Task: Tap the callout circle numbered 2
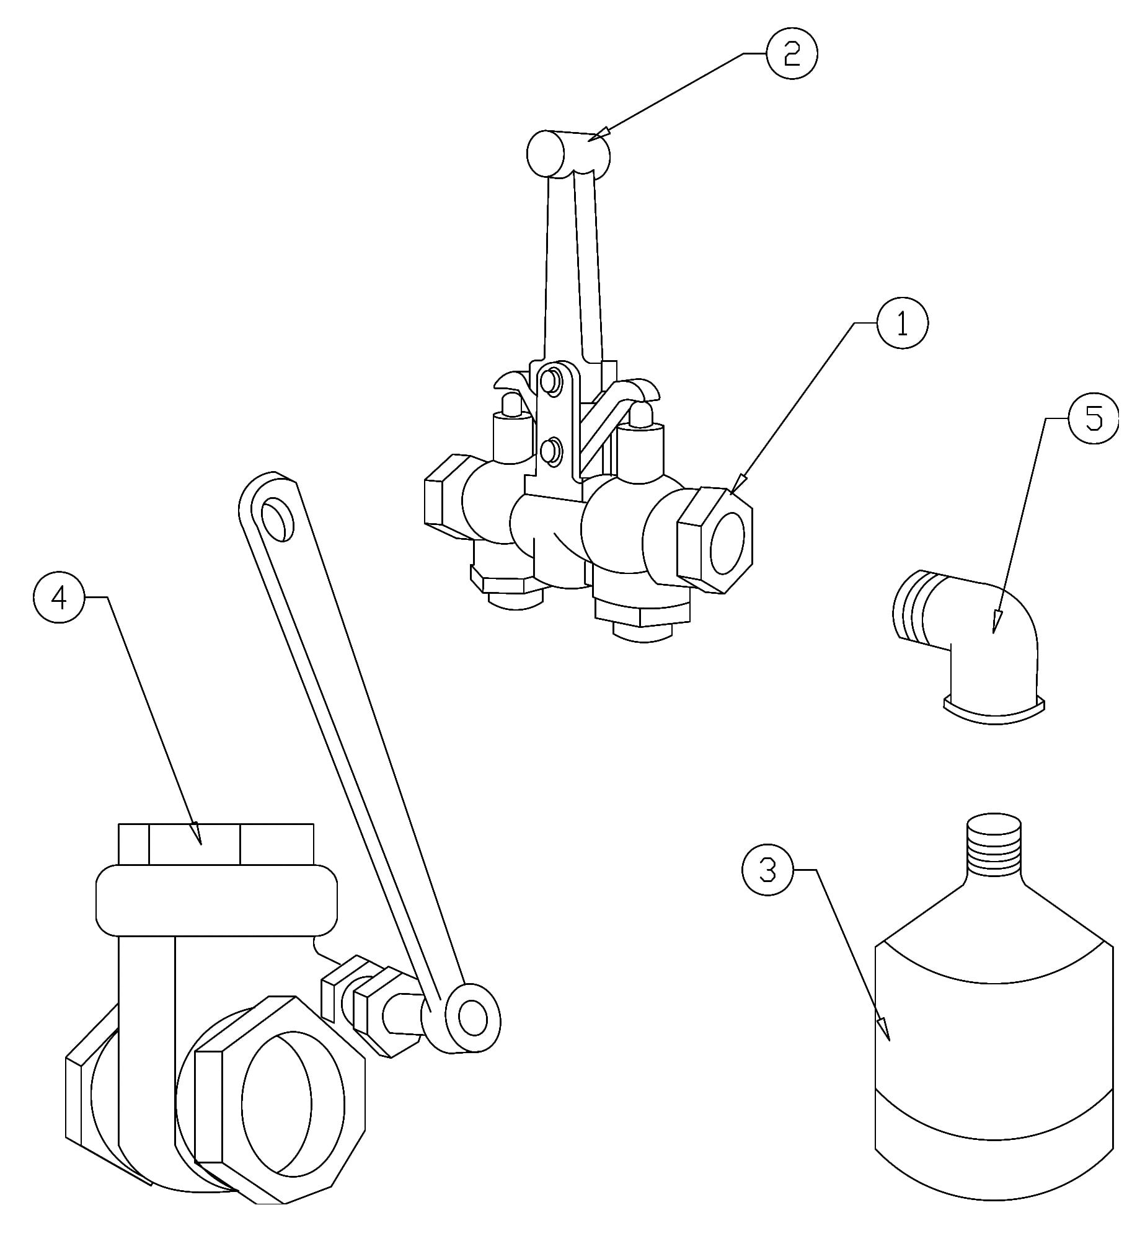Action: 792,54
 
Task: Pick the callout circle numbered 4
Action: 59,597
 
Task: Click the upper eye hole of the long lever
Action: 277,521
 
